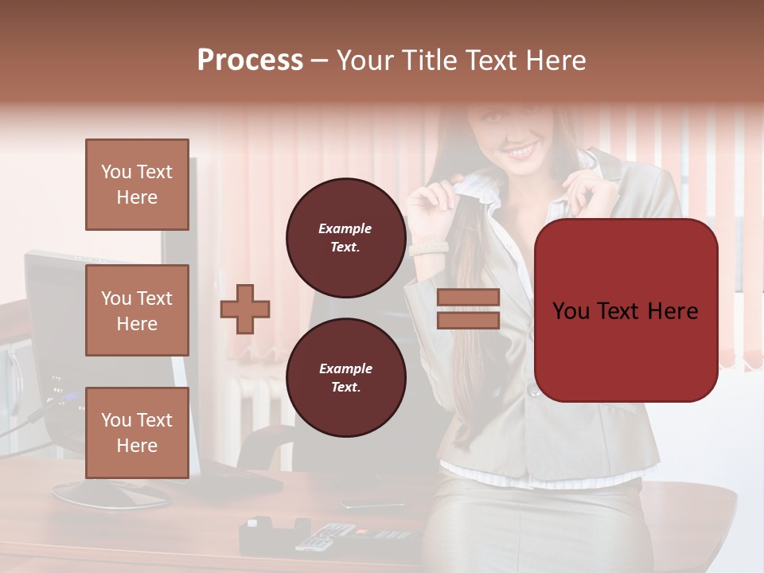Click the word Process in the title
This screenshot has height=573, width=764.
pyautogui.click(x=250, y=60)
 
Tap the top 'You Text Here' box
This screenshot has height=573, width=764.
pyautogui.click(x=137, y=185)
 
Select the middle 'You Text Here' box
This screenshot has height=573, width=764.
pyautogui.click(x=137, y=310)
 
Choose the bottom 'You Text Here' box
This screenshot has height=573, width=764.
pyautogui.click(x=137, y=433)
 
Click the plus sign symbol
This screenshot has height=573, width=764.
pyautogui.click(x=245, y=309)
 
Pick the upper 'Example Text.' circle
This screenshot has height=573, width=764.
pyautogui.click(x=345, y=237)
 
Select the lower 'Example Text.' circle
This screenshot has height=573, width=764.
pyautogui.click(x=345, y=377)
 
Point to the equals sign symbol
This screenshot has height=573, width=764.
pyautogui.click(x=468, y=309)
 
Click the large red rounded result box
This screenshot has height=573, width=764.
pyautogui.click(x=626, y=310)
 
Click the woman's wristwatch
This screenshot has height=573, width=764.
pyautogui.click(x=430, y=248)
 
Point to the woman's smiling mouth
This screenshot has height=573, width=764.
pyautogui.click(x=521, y=149)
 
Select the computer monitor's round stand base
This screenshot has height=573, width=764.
pyautogui.click(x=111, y=494)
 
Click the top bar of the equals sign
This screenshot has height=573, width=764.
pyautogui.click(x=468, y=297)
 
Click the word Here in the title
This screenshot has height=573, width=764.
pyautogui.click(x=555, y=60)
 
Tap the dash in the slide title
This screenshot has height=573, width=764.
pyautogui.click(x=320, y=60)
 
